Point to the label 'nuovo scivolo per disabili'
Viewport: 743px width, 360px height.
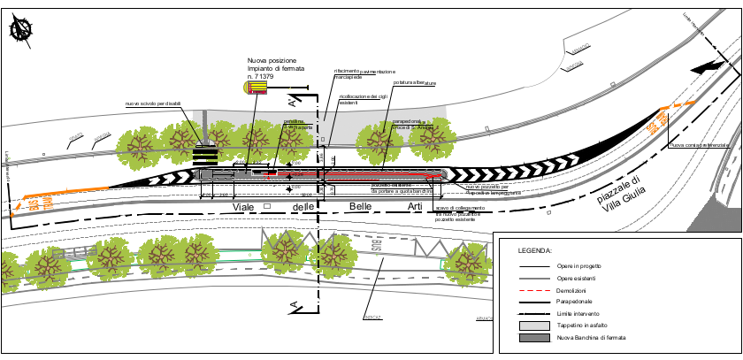[x=152, y=104]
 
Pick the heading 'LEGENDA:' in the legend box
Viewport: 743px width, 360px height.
[x=535, y=251]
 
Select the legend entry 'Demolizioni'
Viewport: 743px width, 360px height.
[x=571, y=290]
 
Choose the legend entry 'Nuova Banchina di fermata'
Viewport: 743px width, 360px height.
[x=591, y=338]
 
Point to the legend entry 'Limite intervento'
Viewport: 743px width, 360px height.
[x=579, y=314]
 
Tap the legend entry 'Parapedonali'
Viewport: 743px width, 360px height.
[x=574, y=303]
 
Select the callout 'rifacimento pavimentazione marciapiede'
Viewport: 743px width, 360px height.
[x=364, y=74]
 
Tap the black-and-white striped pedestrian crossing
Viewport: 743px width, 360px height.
[x=205, y=156]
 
